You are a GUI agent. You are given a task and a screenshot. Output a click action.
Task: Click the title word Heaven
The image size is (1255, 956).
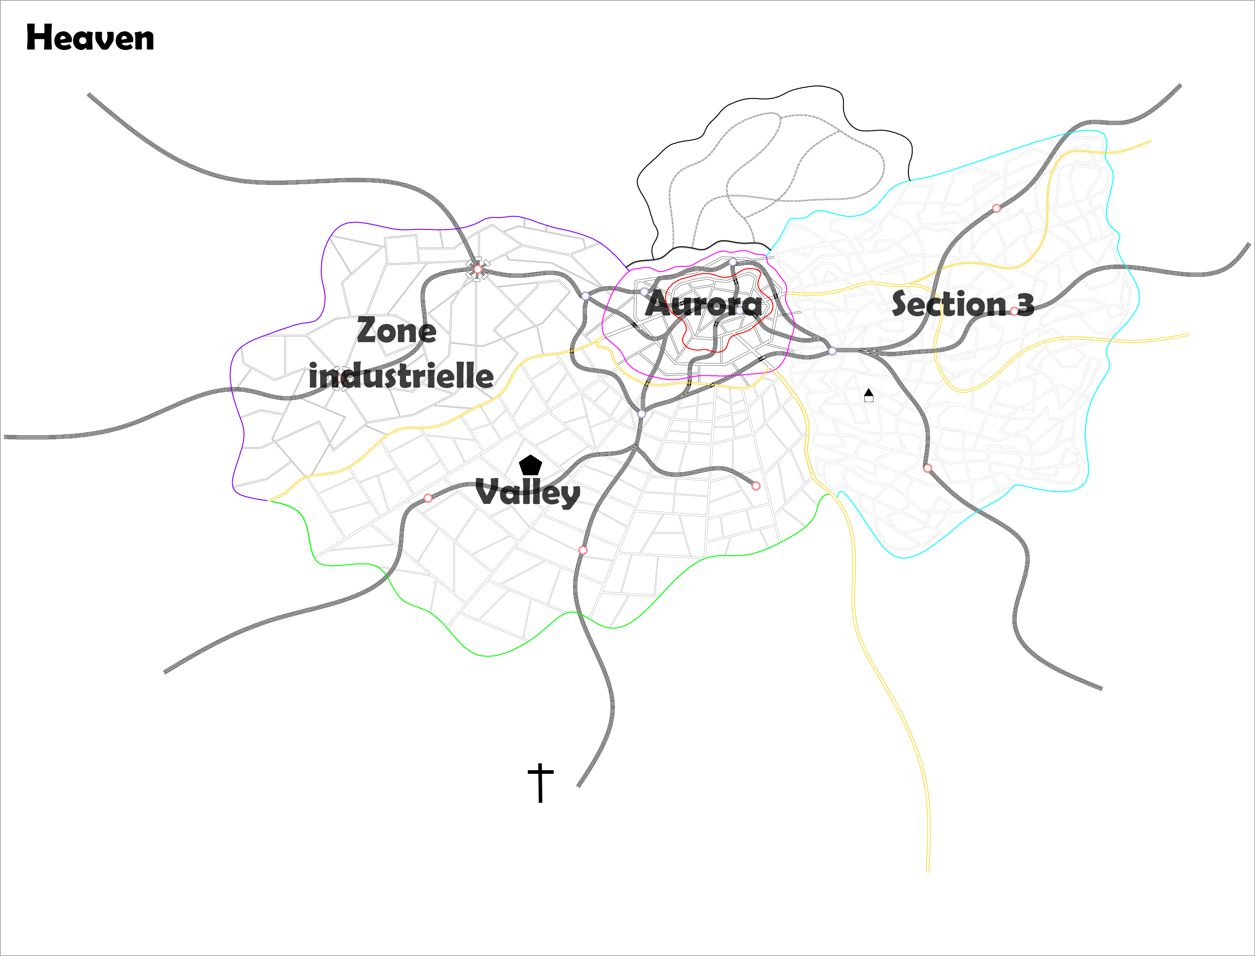[x=90, y=39]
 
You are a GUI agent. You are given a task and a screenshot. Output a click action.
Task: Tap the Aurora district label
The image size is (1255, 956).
[x=703, y=304]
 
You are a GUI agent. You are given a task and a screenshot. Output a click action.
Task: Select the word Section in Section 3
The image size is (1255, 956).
[x=948, y=304]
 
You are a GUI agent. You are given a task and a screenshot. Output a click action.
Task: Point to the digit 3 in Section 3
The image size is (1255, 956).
[x=1026, y=304]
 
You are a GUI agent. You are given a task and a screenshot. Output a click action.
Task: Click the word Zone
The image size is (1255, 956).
[x=396, y=331]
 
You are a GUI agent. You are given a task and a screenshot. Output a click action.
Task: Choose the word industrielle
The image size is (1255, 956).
[x=401, y=376]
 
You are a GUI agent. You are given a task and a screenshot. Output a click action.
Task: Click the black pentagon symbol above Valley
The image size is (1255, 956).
[x=530, y=465]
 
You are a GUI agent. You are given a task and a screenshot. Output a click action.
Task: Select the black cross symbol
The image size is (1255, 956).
[x=540, y=782]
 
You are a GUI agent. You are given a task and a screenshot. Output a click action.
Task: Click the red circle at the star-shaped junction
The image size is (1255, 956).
[x=478, y=269]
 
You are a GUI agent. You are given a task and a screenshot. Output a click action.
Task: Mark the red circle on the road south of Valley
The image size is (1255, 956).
[x=583, y=550]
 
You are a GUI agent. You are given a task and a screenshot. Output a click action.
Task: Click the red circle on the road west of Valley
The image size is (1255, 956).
[x=428, y=498]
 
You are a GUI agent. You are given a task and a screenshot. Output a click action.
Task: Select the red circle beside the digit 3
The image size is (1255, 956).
[x=1014, y=311]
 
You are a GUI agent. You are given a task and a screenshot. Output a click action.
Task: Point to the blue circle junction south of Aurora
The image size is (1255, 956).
[x=642, y=413]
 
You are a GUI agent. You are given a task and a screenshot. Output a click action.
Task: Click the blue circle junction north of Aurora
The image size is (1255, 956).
[x=733, y=262]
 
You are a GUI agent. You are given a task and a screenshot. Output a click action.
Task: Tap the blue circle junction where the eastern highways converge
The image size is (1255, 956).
[x=832, y=351]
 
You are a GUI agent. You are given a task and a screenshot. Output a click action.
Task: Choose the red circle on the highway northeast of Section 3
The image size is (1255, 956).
[x=996, y=208]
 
